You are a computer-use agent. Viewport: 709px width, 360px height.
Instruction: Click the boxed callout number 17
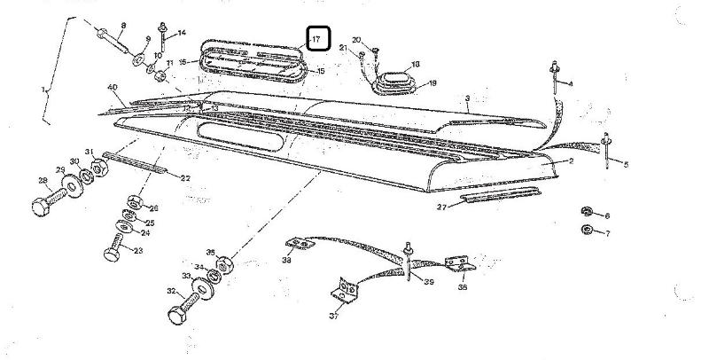click(318, 39)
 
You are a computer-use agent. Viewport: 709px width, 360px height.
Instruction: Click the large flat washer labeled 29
click(68, 188)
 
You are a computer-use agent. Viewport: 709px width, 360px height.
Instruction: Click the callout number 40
click(113, 87)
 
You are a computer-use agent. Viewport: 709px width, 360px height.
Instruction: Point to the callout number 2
click(572, 161)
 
